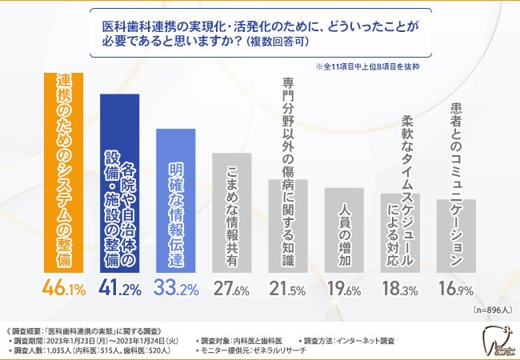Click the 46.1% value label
(x=63, y=286)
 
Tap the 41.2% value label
(x=119, y=286)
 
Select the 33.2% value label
(x=176, y=286)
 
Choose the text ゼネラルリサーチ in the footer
(x=282, y=351)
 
